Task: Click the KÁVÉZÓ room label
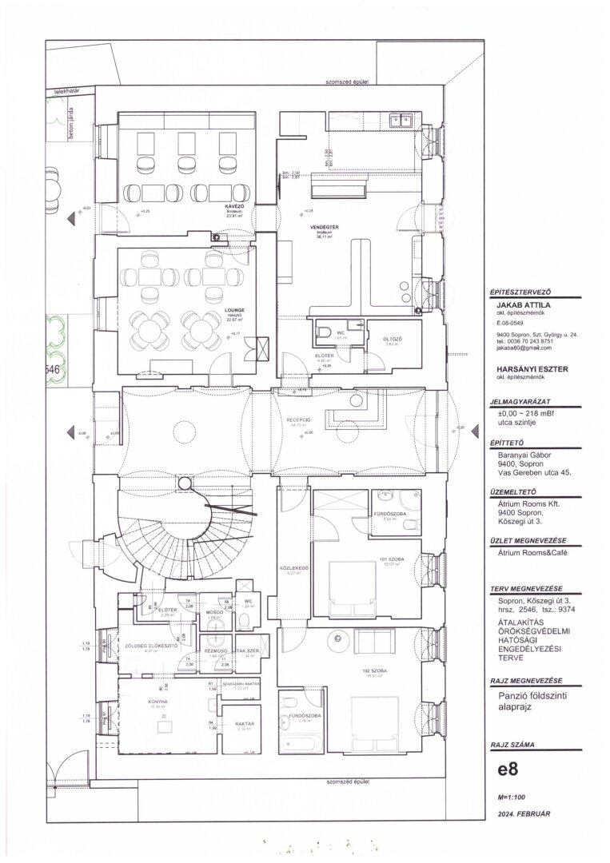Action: click(x=234, y=206)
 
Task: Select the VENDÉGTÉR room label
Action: click(x=325, y=228)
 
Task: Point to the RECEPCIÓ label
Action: click(x=300, y=419)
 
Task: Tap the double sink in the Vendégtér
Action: click(x=400, y=121)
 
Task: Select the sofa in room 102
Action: click(x=372, y=639)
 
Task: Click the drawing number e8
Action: click(x=507, y=772)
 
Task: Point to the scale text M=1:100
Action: click(x=511, y=797)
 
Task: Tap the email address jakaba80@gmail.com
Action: click(x=524, y=348)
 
